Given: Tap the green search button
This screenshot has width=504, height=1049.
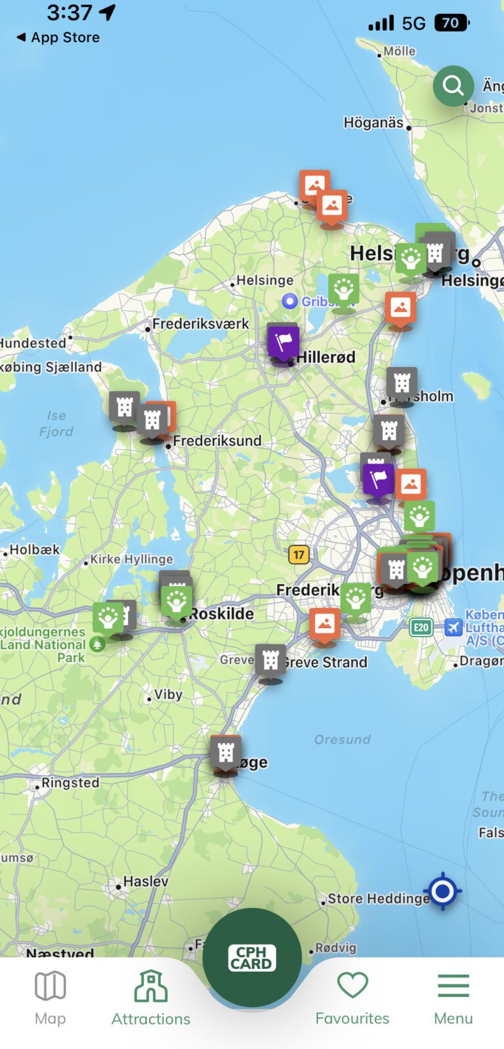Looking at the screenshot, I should point(453,85).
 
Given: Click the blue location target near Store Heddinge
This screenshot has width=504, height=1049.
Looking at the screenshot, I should point(443,891).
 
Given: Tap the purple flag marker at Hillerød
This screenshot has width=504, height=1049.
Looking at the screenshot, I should point(283,342).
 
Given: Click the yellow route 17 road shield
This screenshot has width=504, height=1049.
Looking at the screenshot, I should point(299,555).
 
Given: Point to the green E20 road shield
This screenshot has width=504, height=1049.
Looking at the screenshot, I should point(421,627).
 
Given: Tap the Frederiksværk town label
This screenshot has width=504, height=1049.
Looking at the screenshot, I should point(200,324).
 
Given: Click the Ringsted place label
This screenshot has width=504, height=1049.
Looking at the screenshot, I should point(70,783).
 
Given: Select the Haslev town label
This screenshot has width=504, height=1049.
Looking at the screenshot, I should point(146,882).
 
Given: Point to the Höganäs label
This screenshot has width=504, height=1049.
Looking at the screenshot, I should point(373,123).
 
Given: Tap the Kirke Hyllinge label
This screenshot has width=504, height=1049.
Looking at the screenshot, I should point(131,559).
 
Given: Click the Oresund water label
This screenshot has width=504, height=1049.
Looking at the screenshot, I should point(342,740).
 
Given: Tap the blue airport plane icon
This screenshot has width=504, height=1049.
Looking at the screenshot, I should point(453,627).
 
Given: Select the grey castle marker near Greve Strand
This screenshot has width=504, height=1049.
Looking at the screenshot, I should point(270,661).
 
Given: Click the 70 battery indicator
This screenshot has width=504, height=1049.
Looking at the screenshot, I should point(451,23).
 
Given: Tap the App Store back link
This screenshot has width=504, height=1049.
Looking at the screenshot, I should point(58,37).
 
